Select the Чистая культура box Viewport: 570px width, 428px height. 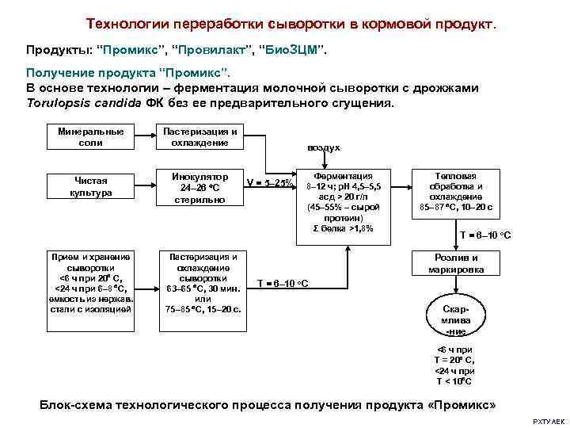click(91, 186)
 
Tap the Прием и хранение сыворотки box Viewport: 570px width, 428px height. click(91, 283)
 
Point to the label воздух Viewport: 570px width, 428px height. click(325, 148)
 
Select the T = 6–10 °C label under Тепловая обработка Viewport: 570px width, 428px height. click(485, 235)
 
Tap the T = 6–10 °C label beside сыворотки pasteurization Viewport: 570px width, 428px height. click(283, 283)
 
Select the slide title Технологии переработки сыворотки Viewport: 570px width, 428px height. click(291, 23)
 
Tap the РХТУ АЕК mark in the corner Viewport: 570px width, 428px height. click(548, 422)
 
